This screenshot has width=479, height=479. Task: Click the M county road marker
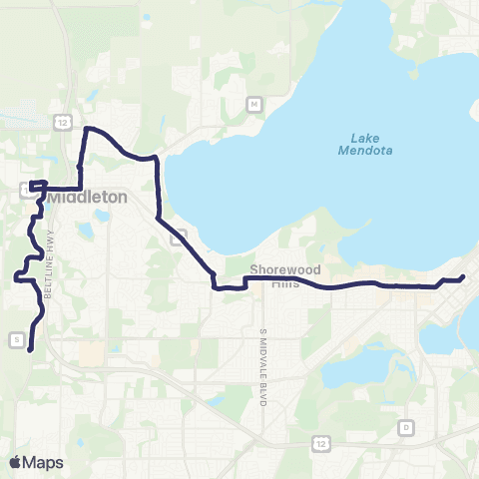(x=254, y=104)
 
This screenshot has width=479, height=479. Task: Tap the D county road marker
(x=405, y=427)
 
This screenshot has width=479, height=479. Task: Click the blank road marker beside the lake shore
(x=179, y=238)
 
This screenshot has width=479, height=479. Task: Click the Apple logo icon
(x=16, y=462)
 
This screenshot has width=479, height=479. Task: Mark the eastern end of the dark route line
(x=464, y=277)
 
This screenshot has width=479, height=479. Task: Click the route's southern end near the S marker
(x=30, y=349)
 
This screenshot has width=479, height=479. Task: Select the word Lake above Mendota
(x=366, y=137)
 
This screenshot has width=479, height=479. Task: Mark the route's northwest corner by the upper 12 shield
(x=86, y=129)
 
